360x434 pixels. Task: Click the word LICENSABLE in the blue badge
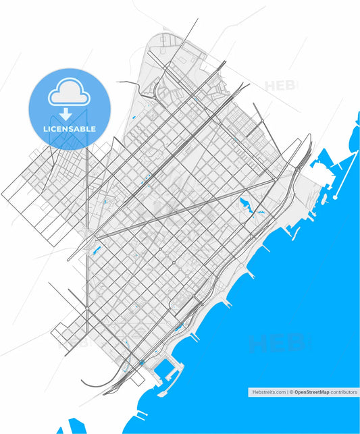[70, 128]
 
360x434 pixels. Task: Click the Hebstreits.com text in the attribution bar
[267, 392]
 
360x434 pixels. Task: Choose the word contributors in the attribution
[343, 392]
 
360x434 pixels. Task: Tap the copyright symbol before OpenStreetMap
[292, 392]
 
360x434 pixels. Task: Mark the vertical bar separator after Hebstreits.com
[287, 392]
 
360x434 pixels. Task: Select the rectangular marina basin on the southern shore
[165, 369]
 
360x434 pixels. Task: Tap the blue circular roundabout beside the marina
[143, 362]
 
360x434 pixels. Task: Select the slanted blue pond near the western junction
[97, 252]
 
